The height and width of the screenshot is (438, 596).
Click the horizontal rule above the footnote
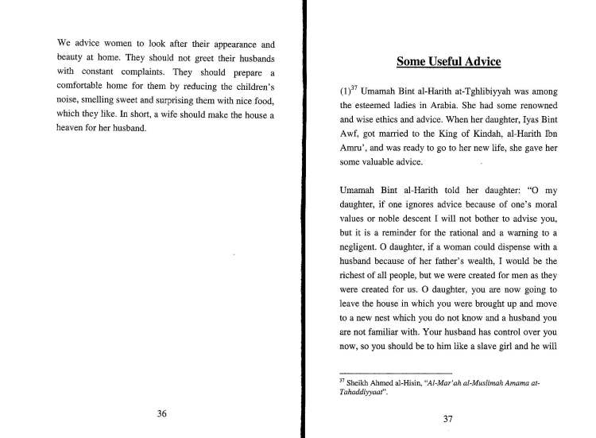pos(396,373)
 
